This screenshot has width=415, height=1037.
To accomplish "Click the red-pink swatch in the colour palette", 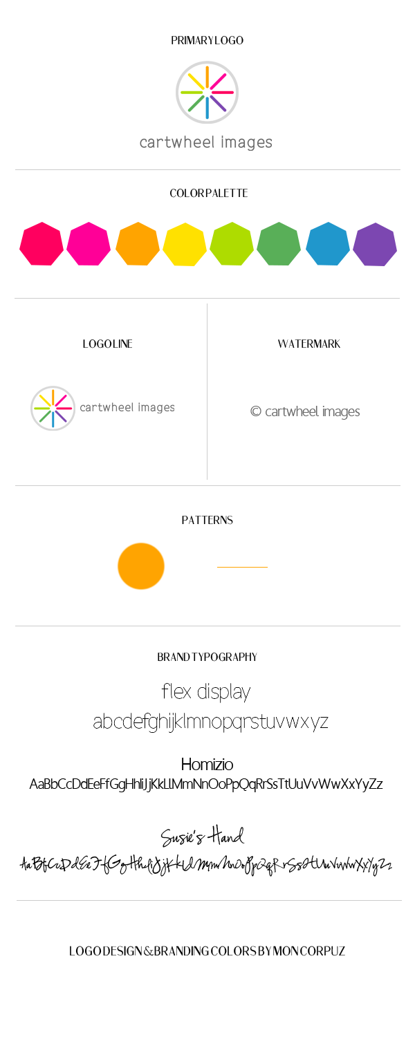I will (41, 243).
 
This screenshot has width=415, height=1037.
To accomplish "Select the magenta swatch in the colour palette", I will (89, 243).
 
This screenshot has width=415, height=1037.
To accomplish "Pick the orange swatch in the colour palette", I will (137, 243).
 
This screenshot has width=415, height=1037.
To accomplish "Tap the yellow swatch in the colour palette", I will (185, 243).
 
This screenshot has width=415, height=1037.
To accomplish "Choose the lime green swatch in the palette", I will (232, 243).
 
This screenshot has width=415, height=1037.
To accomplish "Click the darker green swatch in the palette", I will (279, 243).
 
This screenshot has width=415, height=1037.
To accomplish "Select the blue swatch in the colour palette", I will (328, 243).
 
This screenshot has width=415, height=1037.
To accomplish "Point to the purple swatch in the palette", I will (375, 243).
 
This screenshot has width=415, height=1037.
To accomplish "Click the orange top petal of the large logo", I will (207, 75).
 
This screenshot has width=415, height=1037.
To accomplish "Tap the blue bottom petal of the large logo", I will (207, 109).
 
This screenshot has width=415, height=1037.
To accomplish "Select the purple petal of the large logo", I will (219, 104).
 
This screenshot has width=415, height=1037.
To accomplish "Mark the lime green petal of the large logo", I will (190, 91).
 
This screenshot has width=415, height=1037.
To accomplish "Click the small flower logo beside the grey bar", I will (53, 408).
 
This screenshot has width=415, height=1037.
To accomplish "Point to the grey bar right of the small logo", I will (127, 408).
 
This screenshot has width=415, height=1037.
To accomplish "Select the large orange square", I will (141, 566).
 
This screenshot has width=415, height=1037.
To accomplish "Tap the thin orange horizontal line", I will (242, 568).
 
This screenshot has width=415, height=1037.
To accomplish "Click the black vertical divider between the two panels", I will (207, 391).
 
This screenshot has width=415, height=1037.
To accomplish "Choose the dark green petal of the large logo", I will (194, 104).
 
